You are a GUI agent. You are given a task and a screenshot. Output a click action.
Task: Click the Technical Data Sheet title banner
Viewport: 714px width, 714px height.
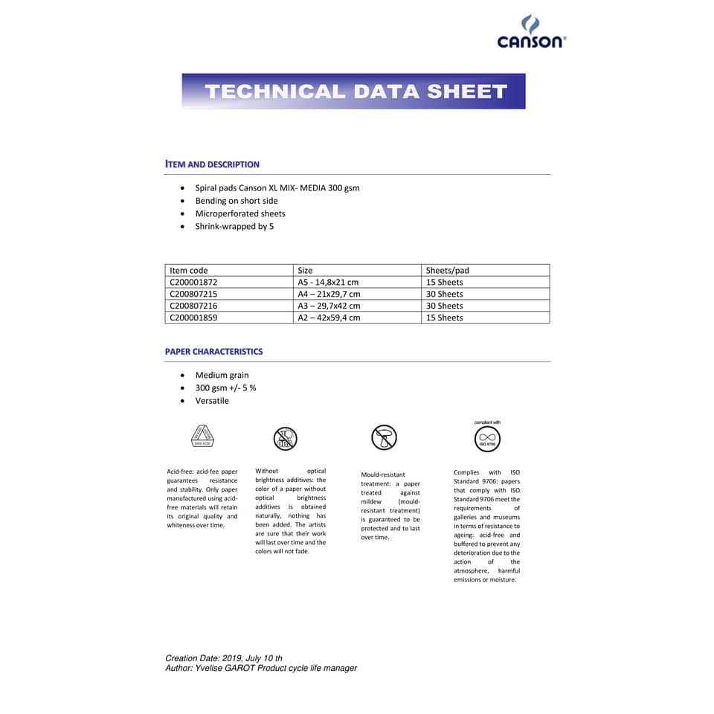(354, 91)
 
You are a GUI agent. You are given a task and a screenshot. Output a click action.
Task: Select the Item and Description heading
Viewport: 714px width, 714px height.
(213, 164)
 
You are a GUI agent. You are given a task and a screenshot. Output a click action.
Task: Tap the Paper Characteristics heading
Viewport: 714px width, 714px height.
(214, 352)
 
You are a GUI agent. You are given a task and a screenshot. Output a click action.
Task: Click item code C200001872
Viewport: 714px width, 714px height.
(194, 283)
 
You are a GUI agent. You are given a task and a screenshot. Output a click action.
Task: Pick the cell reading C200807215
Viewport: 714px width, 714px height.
(194, 295)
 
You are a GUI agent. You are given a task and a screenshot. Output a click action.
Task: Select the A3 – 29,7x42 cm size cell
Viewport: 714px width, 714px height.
(329, 306)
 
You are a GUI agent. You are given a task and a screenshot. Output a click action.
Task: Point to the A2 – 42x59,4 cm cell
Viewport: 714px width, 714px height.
(329, 318)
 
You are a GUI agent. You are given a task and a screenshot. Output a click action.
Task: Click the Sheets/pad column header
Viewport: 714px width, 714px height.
(447, 271)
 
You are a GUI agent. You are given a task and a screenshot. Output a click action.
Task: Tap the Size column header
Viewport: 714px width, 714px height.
(305, 271)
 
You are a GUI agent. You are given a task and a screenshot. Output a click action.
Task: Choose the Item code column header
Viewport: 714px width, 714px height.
(189, 271)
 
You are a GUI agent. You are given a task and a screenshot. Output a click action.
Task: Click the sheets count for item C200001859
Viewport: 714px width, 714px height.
(444, 318)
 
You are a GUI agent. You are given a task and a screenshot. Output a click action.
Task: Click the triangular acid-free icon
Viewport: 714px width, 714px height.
(202, 436)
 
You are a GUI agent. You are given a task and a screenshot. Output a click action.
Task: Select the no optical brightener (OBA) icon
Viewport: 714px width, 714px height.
(286, 438)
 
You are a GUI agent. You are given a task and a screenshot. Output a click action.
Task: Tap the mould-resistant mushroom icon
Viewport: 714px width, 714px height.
(385, 437)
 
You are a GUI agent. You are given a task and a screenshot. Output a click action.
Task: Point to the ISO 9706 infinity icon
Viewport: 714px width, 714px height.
(487, 439)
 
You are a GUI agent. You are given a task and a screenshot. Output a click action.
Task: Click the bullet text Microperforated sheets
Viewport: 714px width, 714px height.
(240, 214)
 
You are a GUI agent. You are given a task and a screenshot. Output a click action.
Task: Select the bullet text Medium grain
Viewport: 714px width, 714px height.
(222, 376)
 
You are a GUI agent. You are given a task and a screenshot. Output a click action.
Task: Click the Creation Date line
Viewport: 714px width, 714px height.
(224, 658)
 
